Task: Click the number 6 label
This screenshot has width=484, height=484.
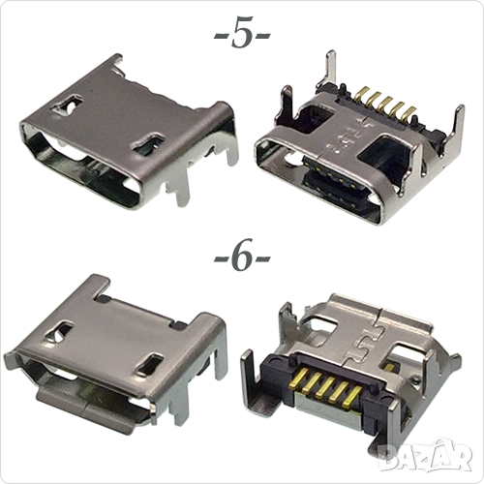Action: coord(242,257)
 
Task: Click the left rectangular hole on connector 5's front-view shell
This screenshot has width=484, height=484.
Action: coord(67,104)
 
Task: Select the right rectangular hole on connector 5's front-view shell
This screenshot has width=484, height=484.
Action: coord(148,142)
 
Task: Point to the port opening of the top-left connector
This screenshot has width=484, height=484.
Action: coord(84,172)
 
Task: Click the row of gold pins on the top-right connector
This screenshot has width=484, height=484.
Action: coord(383,106)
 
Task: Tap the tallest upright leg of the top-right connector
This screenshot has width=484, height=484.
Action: coord(330,71)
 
